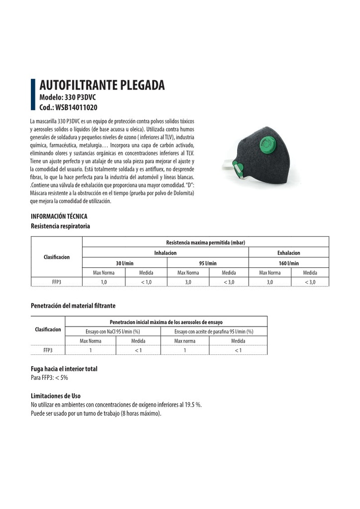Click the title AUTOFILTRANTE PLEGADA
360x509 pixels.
[101, 85]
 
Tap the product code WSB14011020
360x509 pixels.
[68, 107]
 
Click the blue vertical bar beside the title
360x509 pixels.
[33, 94]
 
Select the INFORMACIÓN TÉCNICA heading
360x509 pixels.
[59, 216]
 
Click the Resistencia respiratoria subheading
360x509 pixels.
[60, 226]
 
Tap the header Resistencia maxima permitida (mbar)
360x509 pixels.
[205, 242]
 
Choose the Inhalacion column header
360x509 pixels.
[165, 253]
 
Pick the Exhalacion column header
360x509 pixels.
[288, 253]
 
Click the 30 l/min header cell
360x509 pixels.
[124, 263]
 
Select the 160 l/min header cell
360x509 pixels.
[288, 263]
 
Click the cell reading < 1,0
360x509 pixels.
[146, 282]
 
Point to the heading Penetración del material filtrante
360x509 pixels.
[73, 305]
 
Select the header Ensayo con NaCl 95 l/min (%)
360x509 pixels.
[112, 331]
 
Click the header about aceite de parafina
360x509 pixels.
[214, 331]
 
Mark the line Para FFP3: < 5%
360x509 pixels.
[49, 378]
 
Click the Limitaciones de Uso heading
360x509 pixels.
[56, 396]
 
